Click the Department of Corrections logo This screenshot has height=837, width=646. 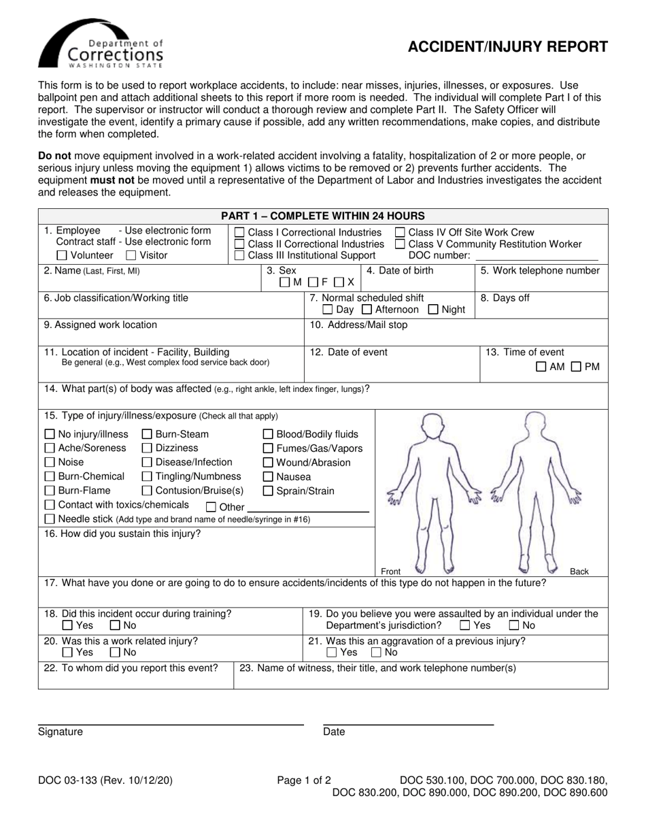click(101, 46)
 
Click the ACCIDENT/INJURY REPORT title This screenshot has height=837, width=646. click(507, 46)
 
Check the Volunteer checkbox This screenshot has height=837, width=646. click(62, 256)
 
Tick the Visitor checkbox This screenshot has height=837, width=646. click(131, 256)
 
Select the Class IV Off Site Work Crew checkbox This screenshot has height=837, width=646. click(401, 233)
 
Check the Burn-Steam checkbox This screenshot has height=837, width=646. click(147, 435)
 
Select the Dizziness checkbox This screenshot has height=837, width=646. click(147, 448)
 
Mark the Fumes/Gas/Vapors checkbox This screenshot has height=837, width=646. click(268, 449)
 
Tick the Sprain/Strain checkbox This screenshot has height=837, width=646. click(268, 491)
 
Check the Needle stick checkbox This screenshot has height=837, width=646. click(50, 519)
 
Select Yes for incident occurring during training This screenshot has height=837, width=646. click(67, 625)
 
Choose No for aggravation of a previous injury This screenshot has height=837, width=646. click(376, 653)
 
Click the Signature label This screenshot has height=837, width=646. click(61, 732)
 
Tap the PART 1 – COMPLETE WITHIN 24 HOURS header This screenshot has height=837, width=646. click(323, 216)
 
